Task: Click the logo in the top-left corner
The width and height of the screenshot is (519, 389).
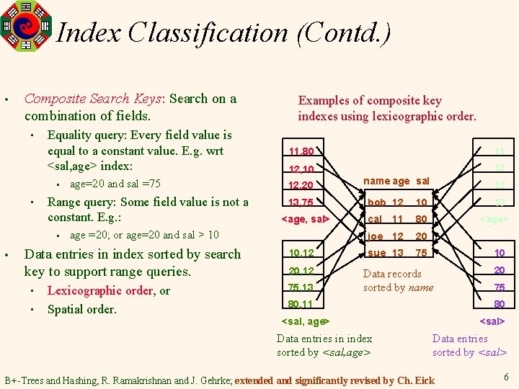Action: pyautogui.click(x=27, y=25)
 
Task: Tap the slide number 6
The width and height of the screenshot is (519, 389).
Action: pyautogui.click(x=506, y=376)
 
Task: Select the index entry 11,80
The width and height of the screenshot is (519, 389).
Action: pyautogui.click(x=301, y=152)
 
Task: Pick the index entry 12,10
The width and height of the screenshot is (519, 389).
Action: pyautogui.click(x=301, y=169)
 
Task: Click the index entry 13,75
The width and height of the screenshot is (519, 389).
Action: pyautogui.click(x=301, y=202)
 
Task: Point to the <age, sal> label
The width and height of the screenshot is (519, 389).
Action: pyautogui.click(x=303, y=219)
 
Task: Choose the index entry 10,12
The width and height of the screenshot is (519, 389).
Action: pyautogui.click(x=301, y=253)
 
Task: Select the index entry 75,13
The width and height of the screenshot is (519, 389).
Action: pyautogui.click(x=301, y=287)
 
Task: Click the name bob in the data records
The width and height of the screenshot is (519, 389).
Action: pyautogui.click(x=376, y=202)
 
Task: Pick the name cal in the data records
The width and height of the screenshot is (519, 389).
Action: pyautogui.click(x=375, y=219)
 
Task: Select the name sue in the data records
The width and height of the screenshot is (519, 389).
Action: pyautogui.click(x=376, y=253)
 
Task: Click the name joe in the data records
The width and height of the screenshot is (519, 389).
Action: pyautogui.click(x=375, y=236)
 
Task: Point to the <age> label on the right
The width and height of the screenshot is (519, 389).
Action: pyautogui.click(x=494, y=219)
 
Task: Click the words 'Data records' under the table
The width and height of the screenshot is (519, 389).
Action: pyautogui.click(x=392, y=274)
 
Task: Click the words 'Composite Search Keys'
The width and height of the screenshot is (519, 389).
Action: pyautogui.click(x=97, y=99)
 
